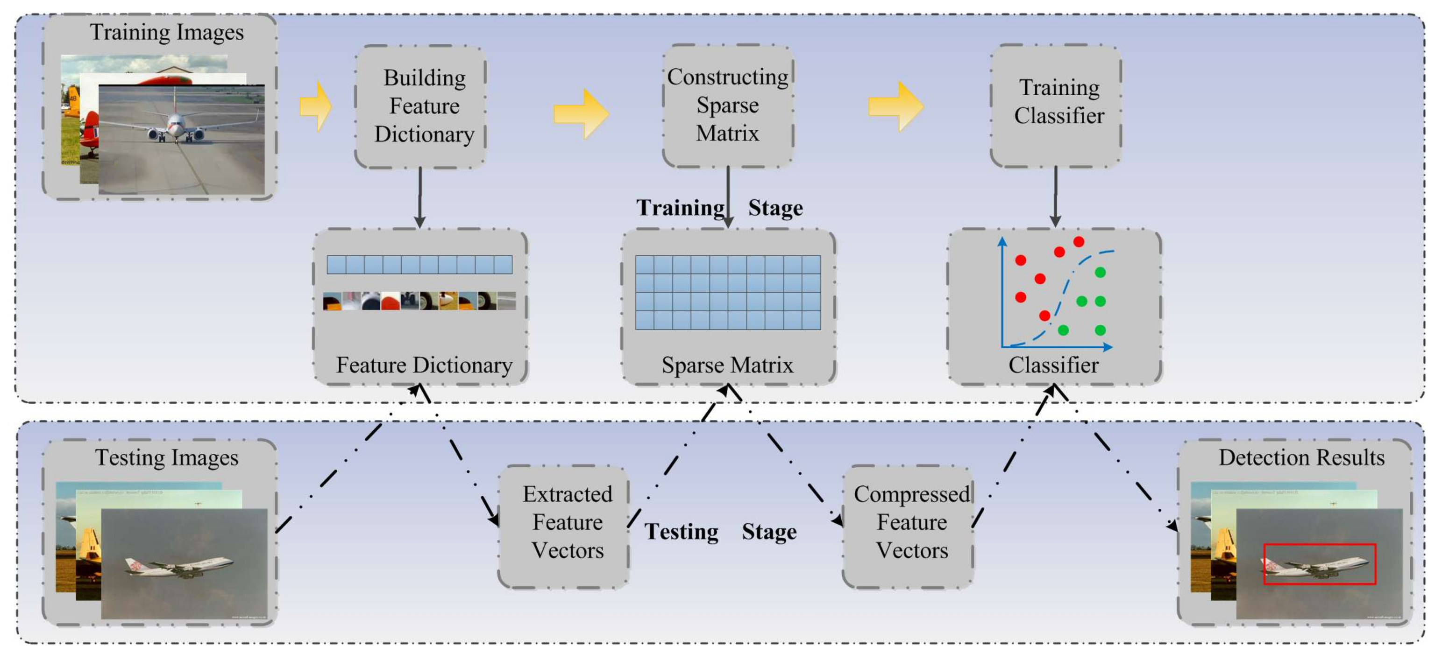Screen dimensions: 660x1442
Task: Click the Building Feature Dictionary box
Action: [x=420, y=106]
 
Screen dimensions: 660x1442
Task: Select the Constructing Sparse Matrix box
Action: [x=728, y=105]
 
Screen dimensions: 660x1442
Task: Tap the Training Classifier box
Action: [x=1056, y=105]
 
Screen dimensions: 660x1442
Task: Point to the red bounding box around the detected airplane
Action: [x=1320, y=564]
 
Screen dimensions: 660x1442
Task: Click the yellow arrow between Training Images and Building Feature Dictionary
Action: [x=316, y=106]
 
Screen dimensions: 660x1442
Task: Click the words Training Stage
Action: [x=719, y=208]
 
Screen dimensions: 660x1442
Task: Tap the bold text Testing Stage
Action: [x=720, y=531]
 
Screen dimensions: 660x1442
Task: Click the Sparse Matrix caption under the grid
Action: [x=727, y=365]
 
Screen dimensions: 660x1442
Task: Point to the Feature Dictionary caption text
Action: [x=424, y=365]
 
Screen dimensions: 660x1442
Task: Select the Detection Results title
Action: [x=1301, y=457]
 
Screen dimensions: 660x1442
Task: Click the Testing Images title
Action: [x=166, y=457]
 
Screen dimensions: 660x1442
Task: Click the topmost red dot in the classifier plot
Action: [x=1079, y=242]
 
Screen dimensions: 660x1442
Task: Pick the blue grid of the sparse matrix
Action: [x=728, y=293]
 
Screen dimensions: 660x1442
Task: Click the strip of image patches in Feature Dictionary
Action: [x=419, y=301]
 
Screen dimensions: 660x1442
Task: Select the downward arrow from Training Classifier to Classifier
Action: [x=1055, y=196]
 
